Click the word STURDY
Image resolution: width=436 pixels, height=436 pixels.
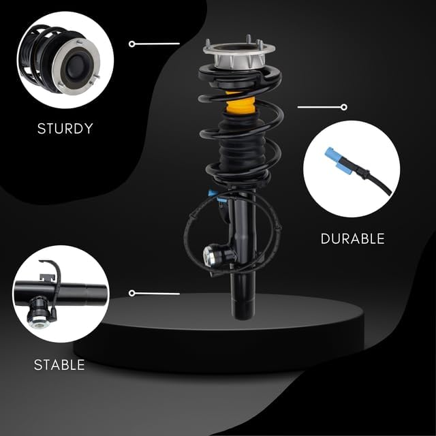[x=65, y=129]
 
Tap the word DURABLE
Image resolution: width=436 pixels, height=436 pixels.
[x=353, y=238]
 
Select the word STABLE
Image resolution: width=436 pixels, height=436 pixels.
[x=59, y=365]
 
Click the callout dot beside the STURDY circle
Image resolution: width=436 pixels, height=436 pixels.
[x=132, y=44]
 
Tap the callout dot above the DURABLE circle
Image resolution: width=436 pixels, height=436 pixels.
[x=344, y=107]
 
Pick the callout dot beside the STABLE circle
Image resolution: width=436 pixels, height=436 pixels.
[x=132, y=293]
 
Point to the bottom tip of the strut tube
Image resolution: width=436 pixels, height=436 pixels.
[x=243, y=318]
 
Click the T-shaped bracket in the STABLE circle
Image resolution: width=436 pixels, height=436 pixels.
[x=46, y=277]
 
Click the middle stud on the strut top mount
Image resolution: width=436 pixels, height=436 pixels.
[x=249, y=40]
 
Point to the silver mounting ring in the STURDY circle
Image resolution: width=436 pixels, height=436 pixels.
[x=76, y=66]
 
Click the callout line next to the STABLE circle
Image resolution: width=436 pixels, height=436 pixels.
[x=157, y=294]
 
